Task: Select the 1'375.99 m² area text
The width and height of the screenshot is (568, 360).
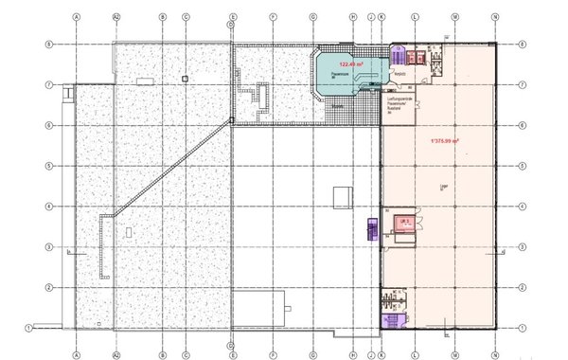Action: pyautogui.click(x=444, y=141)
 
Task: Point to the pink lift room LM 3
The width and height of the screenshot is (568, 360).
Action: pyautogui.click(x=403, y=224)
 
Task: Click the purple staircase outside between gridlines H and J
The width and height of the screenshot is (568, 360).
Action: pyautogui.click(x=369, y=227)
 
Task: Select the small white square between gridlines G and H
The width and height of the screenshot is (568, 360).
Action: pyautogui.click(x=341, y=196)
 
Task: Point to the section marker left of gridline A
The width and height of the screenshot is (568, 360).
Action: pyautogui.click(x=72, y=250)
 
